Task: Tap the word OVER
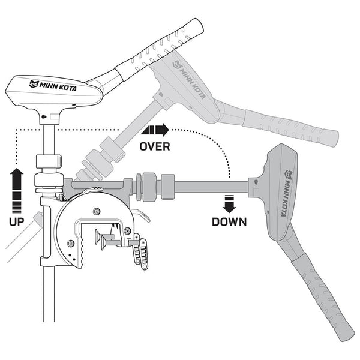155,146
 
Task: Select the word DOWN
229,222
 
